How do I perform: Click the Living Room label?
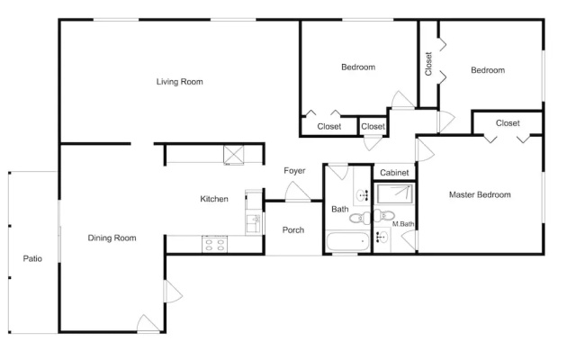180,82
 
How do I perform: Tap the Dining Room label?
112,238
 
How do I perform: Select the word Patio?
32,258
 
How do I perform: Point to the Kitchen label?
214,199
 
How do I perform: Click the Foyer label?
294,171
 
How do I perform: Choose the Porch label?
293,230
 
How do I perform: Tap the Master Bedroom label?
480,194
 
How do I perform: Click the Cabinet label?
394,173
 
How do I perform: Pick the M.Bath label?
403,224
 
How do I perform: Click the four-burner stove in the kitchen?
214,244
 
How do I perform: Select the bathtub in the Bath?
348,241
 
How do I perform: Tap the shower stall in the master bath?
394,194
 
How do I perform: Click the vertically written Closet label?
428,64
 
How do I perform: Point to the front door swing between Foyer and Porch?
298,192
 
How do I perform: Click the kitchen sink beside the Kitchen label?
253,224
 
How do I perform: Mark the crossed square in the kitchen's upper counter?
234,154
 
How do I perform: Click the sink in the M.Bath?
382,237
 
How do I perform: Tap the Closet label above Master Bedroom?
508,123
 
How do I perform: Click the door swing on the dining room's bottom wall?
148,323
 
